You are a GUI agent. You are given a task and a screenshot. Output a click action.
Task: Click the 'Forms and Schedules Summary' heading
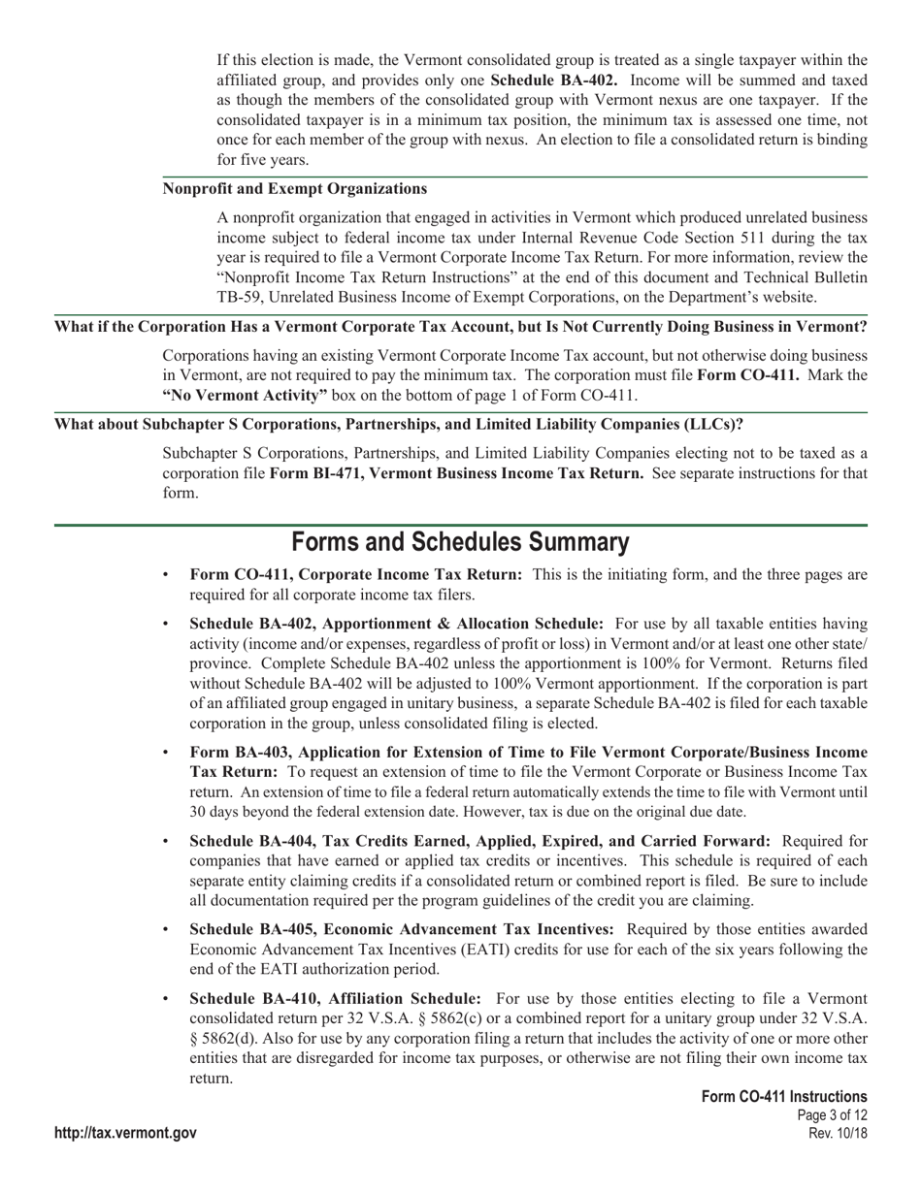[460, 542]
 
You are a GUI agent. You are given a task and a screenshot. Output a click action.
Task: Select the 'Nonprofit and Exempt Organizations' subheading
[295, 188]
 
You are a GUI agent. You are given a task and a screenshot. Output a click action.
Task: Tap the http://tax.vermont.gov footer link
[125, 1133]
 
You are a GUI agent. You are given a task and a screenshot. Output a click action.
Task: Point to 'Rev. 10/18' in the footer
[838, 1133]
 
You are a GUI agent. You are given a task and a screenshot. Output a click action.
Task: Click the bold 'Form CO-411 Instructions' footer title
[784, 1096]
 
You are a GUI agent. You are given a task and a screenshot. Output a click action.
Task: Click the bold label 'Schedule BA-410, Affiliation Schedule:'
[335, 998]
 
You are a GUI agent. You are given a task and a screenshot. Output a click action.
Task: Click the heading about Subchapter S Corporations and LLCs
[399, 424]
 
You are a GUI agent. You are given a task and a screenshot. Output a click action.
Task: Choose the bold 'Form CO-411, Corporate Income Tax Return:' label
[355, 575]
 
